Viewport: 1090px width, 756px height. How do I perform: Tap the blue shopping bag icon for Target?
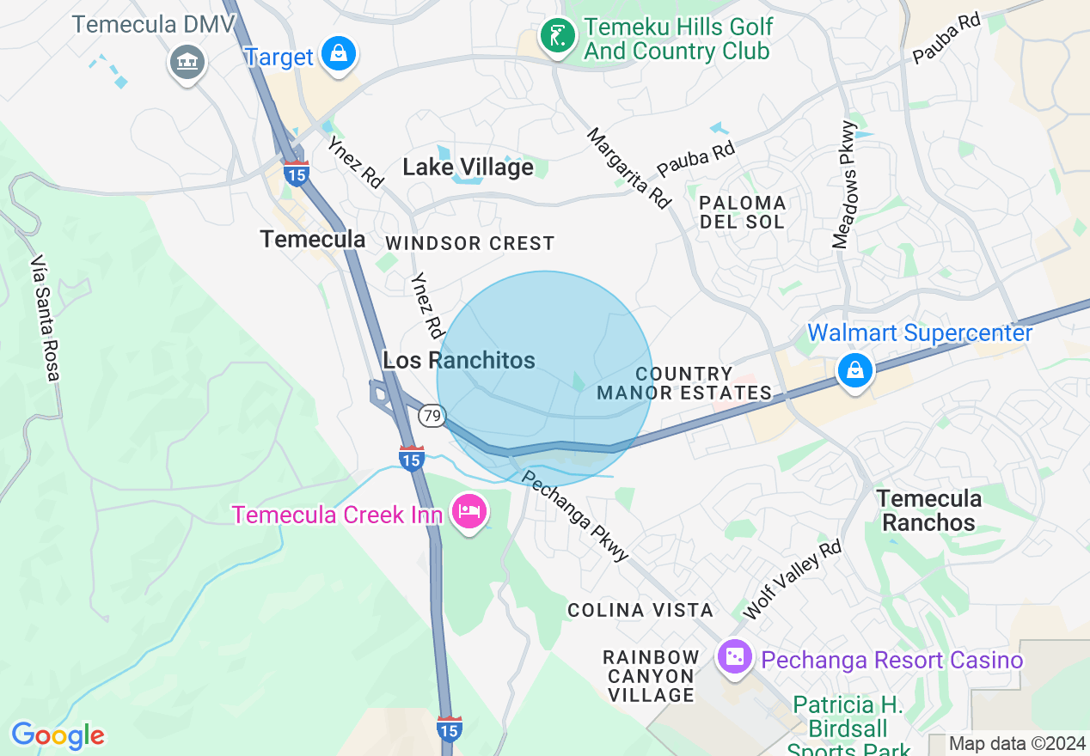click(340, 54)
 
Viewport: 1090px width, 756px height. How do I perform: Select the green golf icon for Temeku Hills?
click(558, 36)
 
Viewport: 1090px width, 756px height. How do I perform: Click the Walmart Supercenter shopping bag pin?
click(855, 371)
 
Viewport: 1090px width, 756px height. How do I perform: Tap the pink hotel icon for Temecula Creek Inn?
click(468, 512)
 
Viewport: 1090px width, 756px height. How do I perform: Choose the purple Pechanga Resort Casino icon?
click(735, 658)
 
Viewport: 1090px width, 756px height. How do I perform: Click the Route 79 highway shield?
click(432, 416)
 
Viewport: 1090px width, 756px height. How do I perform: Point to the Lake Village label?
click(468, 168)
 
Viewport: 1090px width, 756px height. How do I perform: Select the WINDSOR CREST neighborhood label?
click(470, 243)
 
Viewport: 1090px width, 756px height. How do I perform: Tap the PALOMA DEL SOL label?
click(743, 212)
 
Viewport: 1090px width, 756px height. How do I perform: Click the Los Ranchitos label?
click(459, 360)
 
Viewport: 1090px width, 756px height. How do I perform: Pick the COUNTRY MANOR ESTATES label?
click(684, 383)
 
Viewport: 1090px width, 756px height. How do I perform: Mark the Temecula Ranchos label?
click(928, 510)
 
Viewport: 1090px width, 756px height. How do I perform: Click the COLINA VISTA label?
click(640, 610)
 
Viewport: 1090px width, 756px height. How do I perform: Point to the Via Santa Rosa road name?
click(45, 317)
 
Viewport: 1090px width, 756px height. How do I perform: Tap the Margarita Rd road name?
click(628, 168)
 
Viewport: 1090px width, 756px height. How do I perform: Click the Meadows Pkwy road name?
click(845, 185)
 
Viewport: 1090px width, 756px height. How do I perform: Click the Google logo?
click(58, 735)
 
